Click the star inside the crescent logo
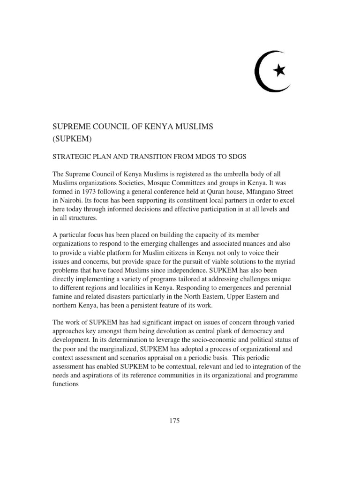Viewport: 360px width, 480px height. pyautogui.click(x=279, y=70)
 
